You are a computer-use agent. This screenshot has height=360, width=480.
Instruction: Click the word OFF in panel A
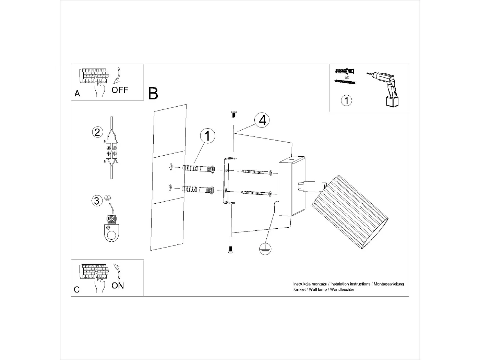click(x=120, y=90)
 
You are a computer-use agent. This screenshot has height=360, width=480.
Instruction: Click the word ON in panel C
click(x=118, y=285)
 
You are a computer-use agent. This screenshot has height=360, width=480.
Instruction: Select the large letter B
click(x=153, y=94)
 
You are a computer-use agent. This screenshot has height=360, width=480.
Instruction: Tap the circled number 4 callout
click(x=262, y=120)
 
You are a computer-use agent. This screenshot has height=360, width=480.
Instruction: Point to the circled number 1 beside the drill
click(x=347, y=100)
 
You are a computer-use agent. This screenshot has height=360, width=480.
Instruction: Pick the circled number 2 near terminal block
click(x=97, y=132)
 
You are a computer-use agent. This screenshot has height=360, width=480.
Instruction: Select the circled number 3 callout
click(x=97, y=201)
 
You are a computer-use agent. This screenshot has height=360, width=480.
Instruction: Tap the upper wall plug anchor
click(x=199, y=169)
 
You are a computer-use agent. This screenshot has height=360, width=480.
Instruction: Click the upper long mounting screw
click(x=257, y=172)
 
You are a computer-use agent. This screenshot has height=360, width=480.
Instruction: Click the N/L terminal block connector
click(x=111, y=153)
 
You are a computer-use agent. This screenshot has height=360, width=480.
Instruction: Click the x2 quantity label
click(x=347, y=77)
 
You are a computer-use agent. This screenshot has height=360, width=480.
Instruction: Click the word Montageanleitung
click(x=388, y=284)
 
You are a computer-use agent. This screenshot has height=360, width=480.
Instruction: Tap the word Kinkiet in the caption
click(x=299, y=289)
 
